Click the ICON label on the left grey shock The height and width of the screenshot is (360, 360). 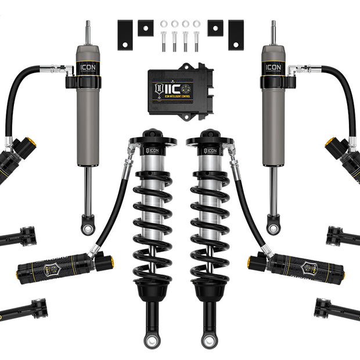[x=88, y=67]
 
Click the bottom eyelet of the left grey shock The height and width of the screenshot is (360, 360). [x=88, y=228]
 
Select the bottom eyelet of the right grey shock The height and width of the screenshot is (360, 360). [x=273, y=228]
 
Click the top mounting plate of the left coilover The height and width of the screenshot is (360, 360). [x=152, y=139]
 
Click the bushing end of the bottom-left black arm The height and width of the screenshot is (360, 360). [x=39, y=308]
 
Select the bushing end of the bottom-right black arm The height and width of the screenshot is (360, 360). [x=321, y=308]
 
